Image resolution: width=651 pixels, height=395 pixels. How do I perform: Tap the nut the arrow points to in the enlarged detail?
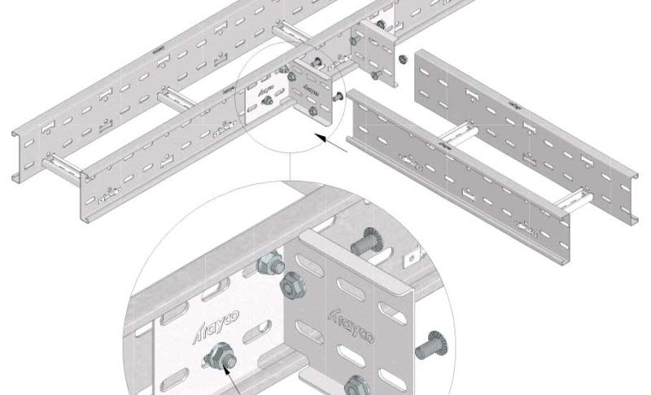point(219,357)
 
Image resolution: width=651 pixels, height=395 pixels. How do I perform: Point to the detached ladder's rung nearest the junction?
point(460,133)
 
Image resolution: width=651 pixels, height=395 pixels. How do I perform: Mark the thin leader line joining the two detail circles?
point(291,167)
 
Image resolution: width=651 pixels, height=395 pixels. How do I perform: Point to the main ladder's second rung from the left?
point(175,99)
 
